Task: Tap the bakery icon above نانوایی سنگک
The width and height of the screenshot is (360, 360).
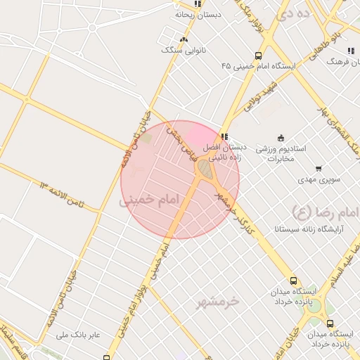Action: pyautogui.click(x=184, y=39)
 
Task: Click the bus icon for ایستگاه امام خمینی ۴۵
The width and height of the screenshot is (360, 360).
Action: pyautogui.click(x=259, y=56)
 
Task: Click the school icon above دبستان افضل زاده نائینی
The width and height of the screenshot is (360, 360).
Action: pyautogui.click(x=224, y=136)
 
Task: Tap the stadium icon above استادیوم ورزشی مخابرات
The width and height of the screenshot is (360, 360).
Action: pyautogui.click(x=281, y=137)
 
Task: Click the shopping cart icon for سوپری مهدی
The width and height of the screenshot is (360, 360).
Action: pyautogui.click(x=319, y=169)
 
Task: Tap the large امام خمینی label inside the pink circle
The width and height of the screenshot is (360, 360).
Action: pyautogui.click(x=150, y=200)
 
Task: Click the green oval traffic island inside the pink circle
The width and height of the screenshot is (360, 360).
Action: pyautogui.click(x=205, y=169)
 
